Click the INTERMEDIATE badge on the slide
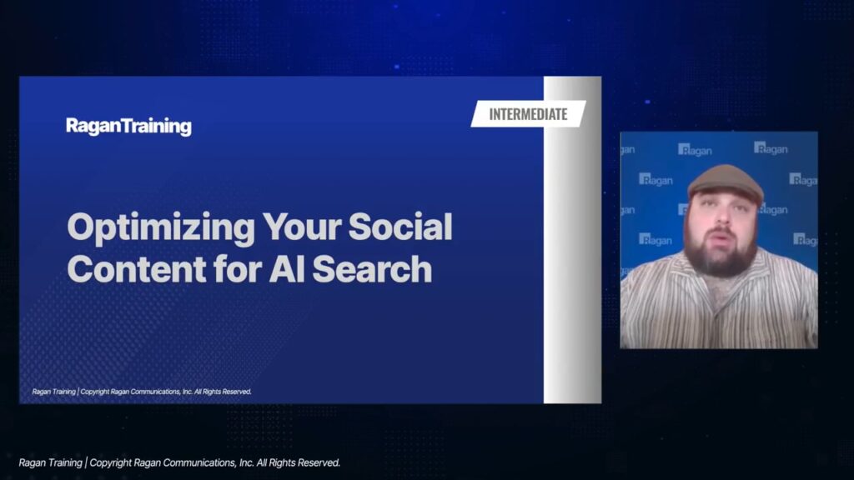[x=528, y=113]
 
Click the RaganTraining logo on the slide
[x=128, y=127]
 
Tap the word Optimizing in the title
[x=161, y=228]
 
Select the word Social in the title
[x=400, y=227]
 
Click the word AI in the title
[x=287, y=269]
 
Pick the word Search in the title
[x=372, y=269]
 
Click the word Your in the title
[x=301, y=227]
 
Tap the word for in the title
[x=238, y=269]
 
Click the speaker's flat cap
[x=726, y=183]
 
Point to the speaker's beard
[x=722, y=257]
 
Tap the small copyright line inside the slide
[x=142, y=392]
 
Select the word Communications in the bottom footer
[x=200, y=462]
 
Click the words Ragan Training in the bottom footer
[x=51, y=462]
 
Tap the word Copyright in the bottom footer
[x=110, y=463]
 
